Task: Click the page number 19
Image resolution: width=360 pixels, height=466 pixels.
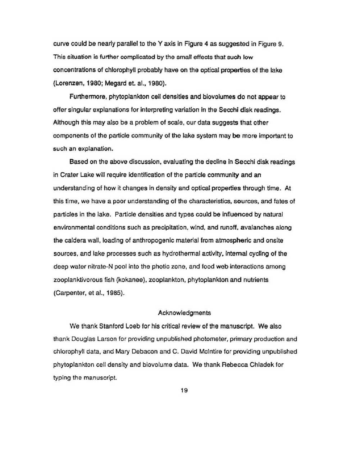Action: [x=184, y=390]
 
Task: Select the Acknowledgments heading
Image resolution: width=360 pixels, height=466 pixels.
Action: [x=184, y=313]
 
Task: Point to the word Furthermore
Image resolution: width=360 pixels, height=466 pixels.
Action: [x=87, y=97]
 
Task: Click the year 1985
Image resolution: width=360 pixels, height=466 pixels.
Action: [x=116, y=293]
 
